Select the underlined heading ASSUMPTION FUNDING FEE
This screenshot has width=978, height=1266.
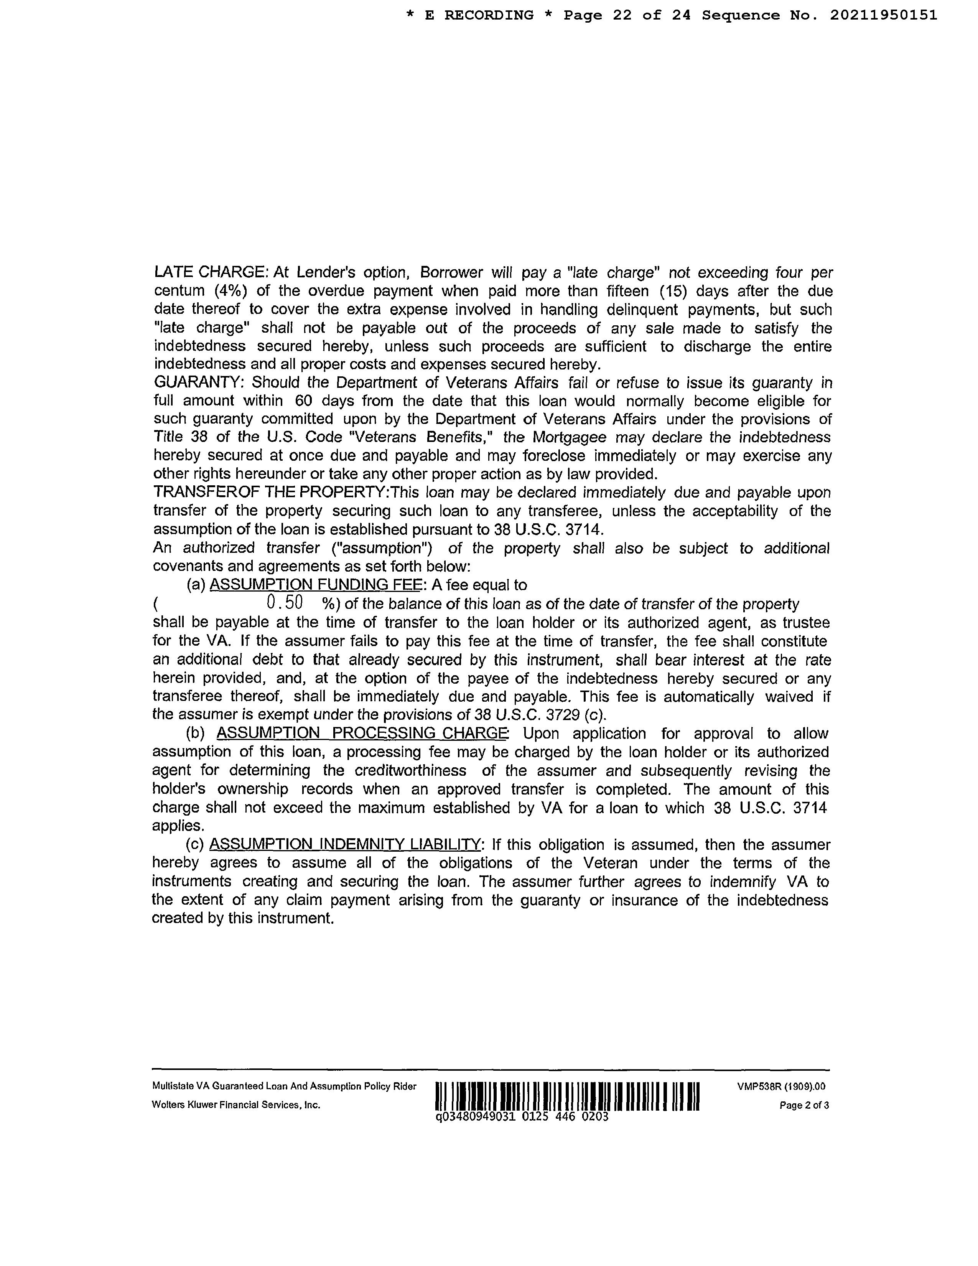pyautogui.click(x=314, y=585)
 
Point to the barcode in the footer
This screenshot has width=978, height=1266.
pyautogui.click(x=567, y=1097)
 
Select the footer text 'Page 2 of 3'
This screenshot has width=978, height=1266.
pyautogui.click(x=804, y=1105)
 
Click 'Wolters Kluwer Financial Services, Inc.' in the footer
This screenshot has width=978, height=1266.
pyautogui.click(x=236, y=1105)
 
